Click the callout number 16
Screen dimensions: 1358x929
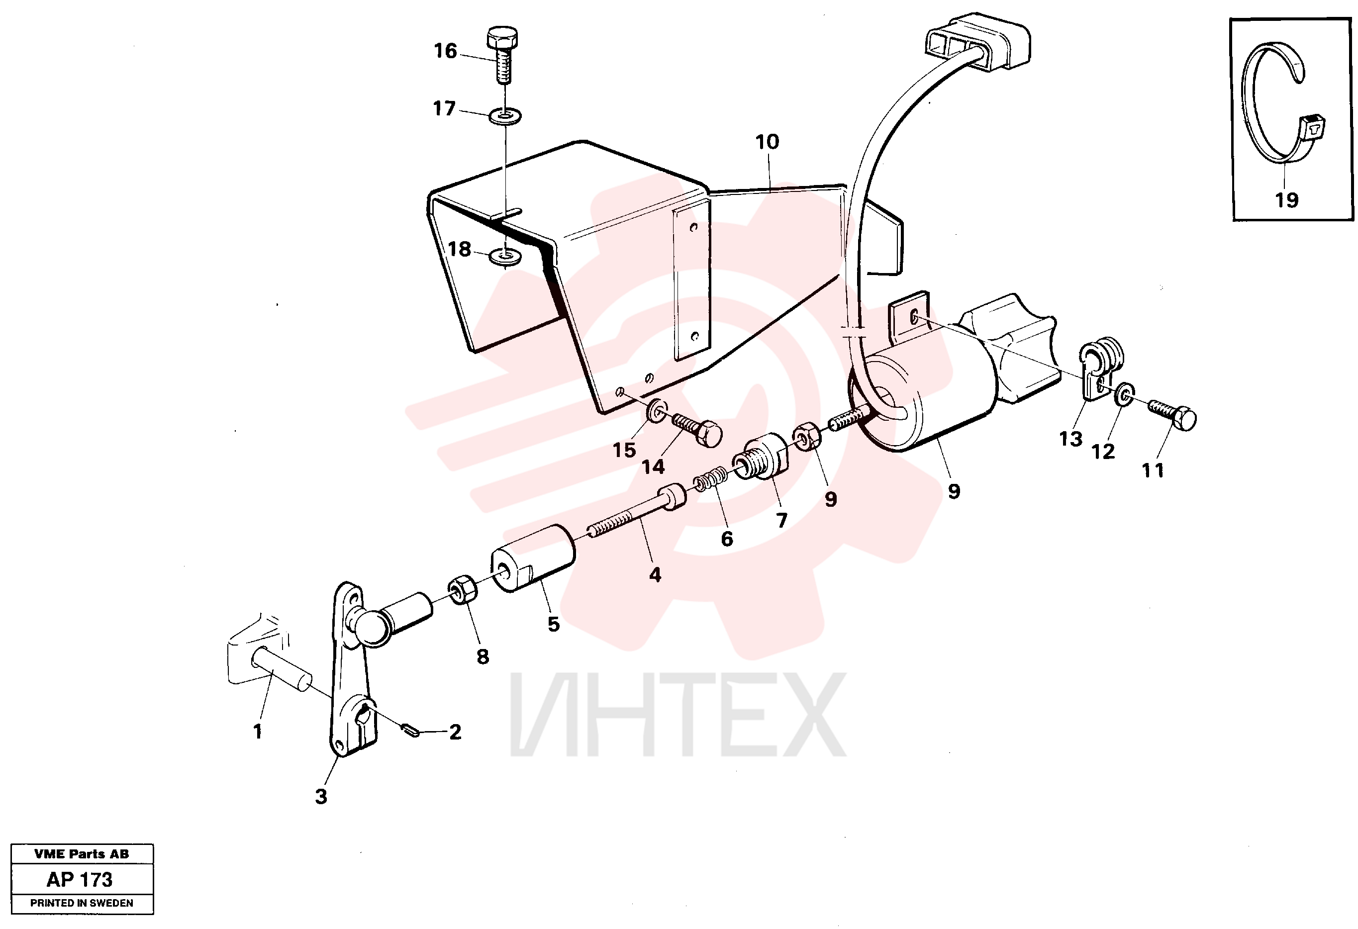tap(445, 51)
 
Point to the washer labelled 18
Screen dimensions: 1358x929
tap(506, 256)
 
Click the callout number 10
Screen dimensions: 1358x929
tap(767, 141)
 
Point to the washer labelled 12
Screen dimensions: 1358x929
tap(1124, 394)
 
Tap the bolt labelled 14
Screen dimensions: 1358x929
tap(696, 431)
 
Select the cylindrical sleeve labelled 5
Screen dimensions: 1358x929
tap(533, 558)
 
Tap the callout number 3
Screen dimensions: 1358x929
tap(321, 796)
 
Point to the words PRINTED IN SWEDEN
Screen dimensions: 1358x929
tap(82, 903)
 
